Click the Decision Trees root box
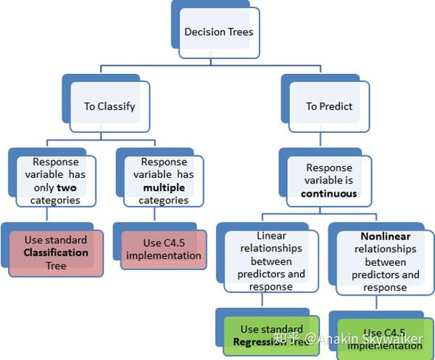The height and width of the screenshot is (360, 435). pos(219,33)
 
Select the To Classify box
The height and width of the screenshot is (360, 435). pos(109,106)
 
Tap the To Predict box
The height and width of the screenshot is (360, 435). pos(328,106)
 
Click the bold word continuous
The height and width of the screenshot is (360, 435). pos(330,194)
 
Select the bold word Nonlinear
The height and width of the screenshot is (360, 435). pos(386,237)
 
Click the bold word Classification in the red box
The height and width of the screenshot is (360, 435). pos(56,253)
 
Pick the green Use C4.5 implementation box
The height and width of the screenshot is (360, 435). pos(384,339)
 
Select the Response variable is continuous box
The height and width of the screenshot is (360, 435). pos(330,181)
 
